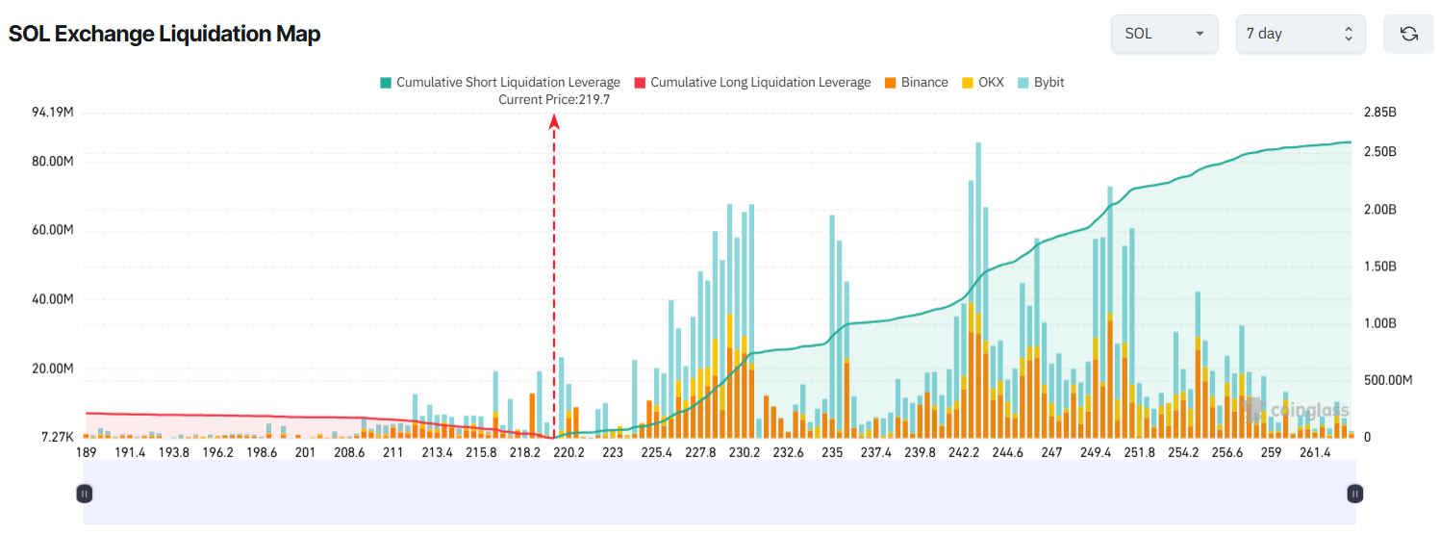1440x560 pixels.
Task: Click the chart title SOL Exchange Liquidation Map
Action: [164, 34]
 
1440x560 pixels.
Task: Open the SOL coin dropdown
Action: [1164, 34]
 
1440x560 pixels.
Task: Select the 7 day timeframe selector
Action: [1300, 34]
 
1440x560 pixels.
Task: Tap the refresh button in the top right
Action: [1408, 34]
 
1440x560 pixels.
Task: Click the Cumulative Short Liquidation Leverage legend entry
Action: [500, 83]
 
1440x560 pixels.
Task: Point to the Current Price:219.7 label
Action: [554, 99]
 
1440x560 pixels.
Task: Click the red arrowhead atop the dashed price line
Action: [554, 120]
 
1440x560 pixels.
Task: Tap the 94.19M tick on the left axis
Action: [53, 113]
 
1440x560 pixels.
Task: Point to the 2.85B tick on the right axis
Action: [1379, 113]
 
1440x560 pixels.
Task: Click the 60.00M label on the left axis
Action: [53, 231]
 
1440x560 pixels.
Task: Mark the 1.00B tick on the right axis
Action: [1379, 323]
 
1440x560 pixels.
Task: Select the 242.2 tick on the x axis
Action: [964, 452]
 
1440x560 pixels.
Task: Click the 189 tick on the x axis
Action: [86, 452]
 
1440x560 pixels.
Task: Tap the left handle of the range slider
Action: [85, 494]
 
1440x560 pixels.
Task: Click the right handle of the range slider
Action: [1354, 494]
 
